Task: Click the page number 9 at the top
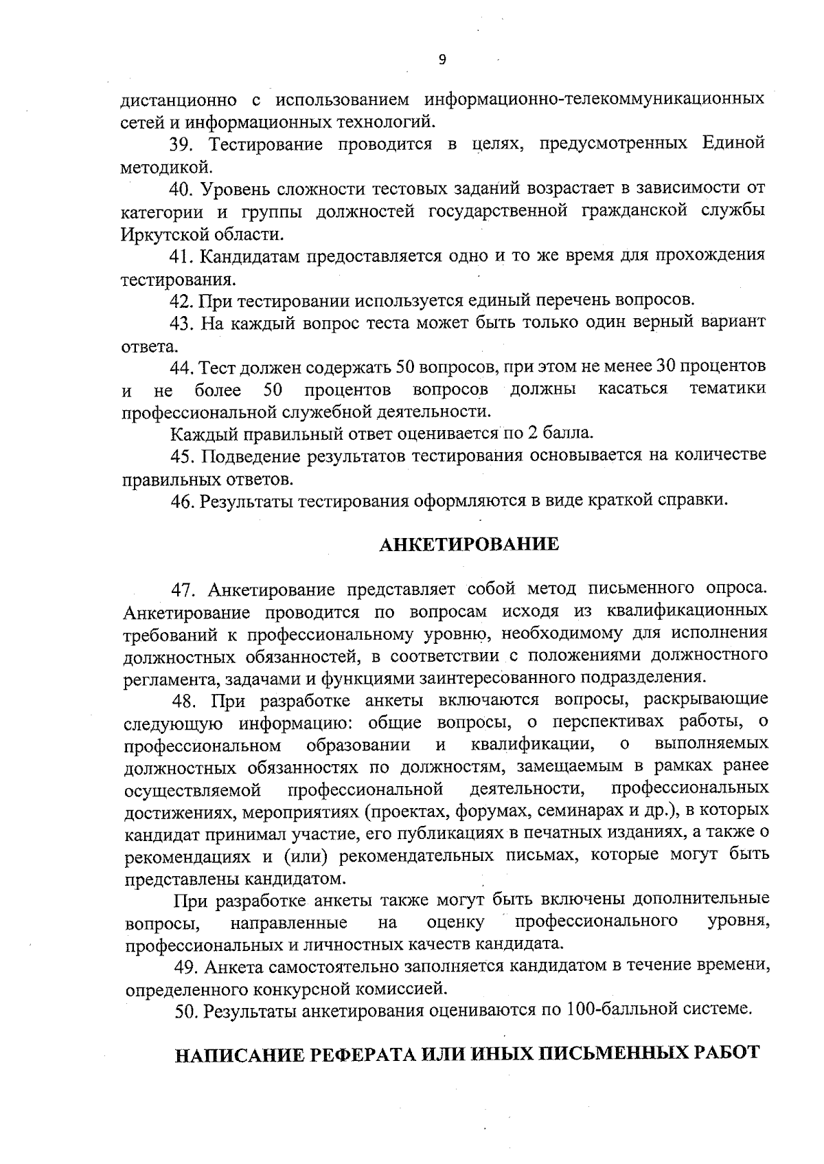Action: (x=442, y=60)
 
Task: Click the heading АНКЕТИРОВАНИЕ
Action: (x=469, y=544)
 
